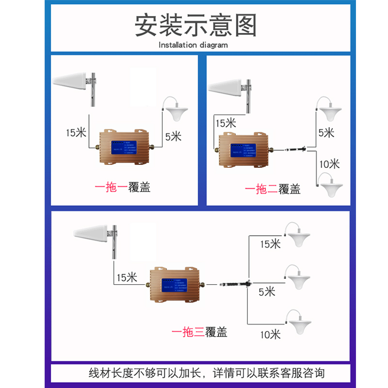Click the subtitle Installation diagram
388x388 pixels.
coord(193,45)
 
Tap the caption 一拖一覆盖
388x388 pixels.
coord(122,187)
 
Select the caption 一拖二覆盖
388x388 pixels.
coord(273,189)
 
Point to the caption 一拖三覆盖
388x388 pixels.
coord(199,332)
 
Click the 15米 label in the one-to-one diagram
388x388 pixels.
coord(77,132)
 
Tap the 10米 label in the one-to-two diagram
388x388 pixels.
coord(329,163)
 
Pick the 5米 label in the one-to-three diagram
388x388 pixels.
coord(266,291)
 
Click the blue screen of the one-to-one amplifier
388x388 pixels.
coord(123,148)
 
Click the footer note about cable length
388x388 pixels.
coord(207,373)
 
